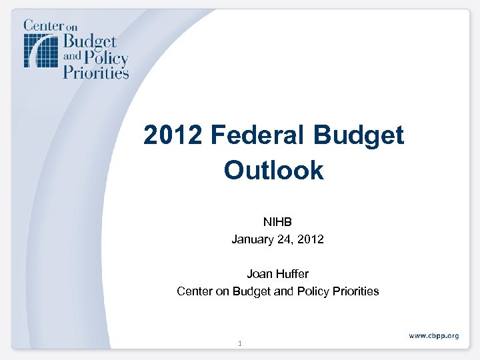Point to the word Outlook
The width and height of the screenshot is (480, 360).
[x=274, y=171]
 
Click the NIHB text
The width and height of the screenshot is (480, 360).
[x=277, y=221]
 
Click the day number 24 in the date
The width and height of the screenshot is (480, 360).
[x=283, y=238]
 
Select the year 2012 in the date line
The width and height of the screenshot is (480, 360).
[x=311, y=238]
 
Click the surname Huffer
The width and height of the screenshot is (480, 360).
[x=293, y=273]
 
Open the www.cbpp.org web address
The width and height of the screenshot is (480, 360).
[x=433, y=335]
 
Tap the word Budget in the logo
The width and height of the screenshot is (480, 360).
[x=89, y=41]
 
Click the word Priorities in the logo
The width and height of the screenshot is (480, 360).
[x=95, y=71]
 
